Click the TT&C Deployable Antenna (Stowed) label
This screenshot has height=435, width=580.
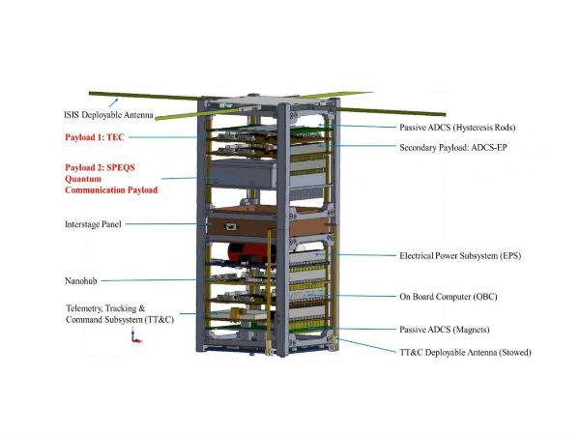pyautogui.click(x=465, y=353)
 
